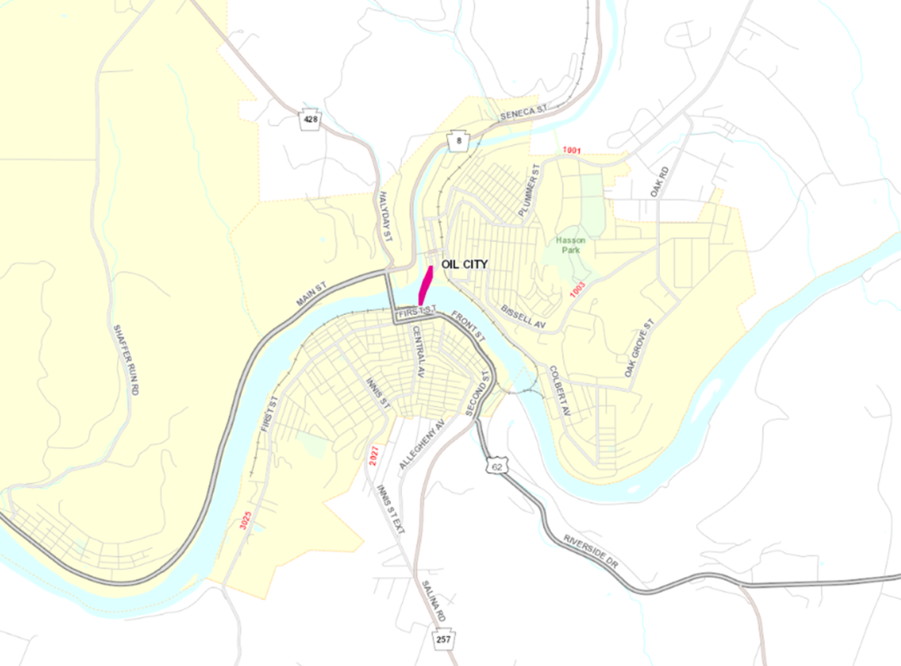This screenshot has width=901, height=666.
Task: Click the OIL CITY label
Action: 464,264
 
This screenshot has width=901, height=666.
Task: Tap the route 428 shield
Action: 309,120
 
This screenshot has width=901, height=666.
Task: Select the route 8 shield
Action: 458,141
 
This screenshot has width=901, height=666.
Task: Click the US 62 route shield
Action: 497,465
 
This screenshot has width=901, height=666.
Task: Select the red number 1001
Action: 573,151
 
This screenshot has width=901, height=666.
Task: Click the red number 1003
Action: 577,289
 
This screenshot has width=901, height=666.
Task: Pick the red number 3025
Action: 246,520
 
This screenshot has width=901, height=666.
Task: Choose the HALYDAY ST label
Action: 384,220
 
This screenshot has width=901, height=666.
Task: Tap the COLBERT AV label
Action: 560,391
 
